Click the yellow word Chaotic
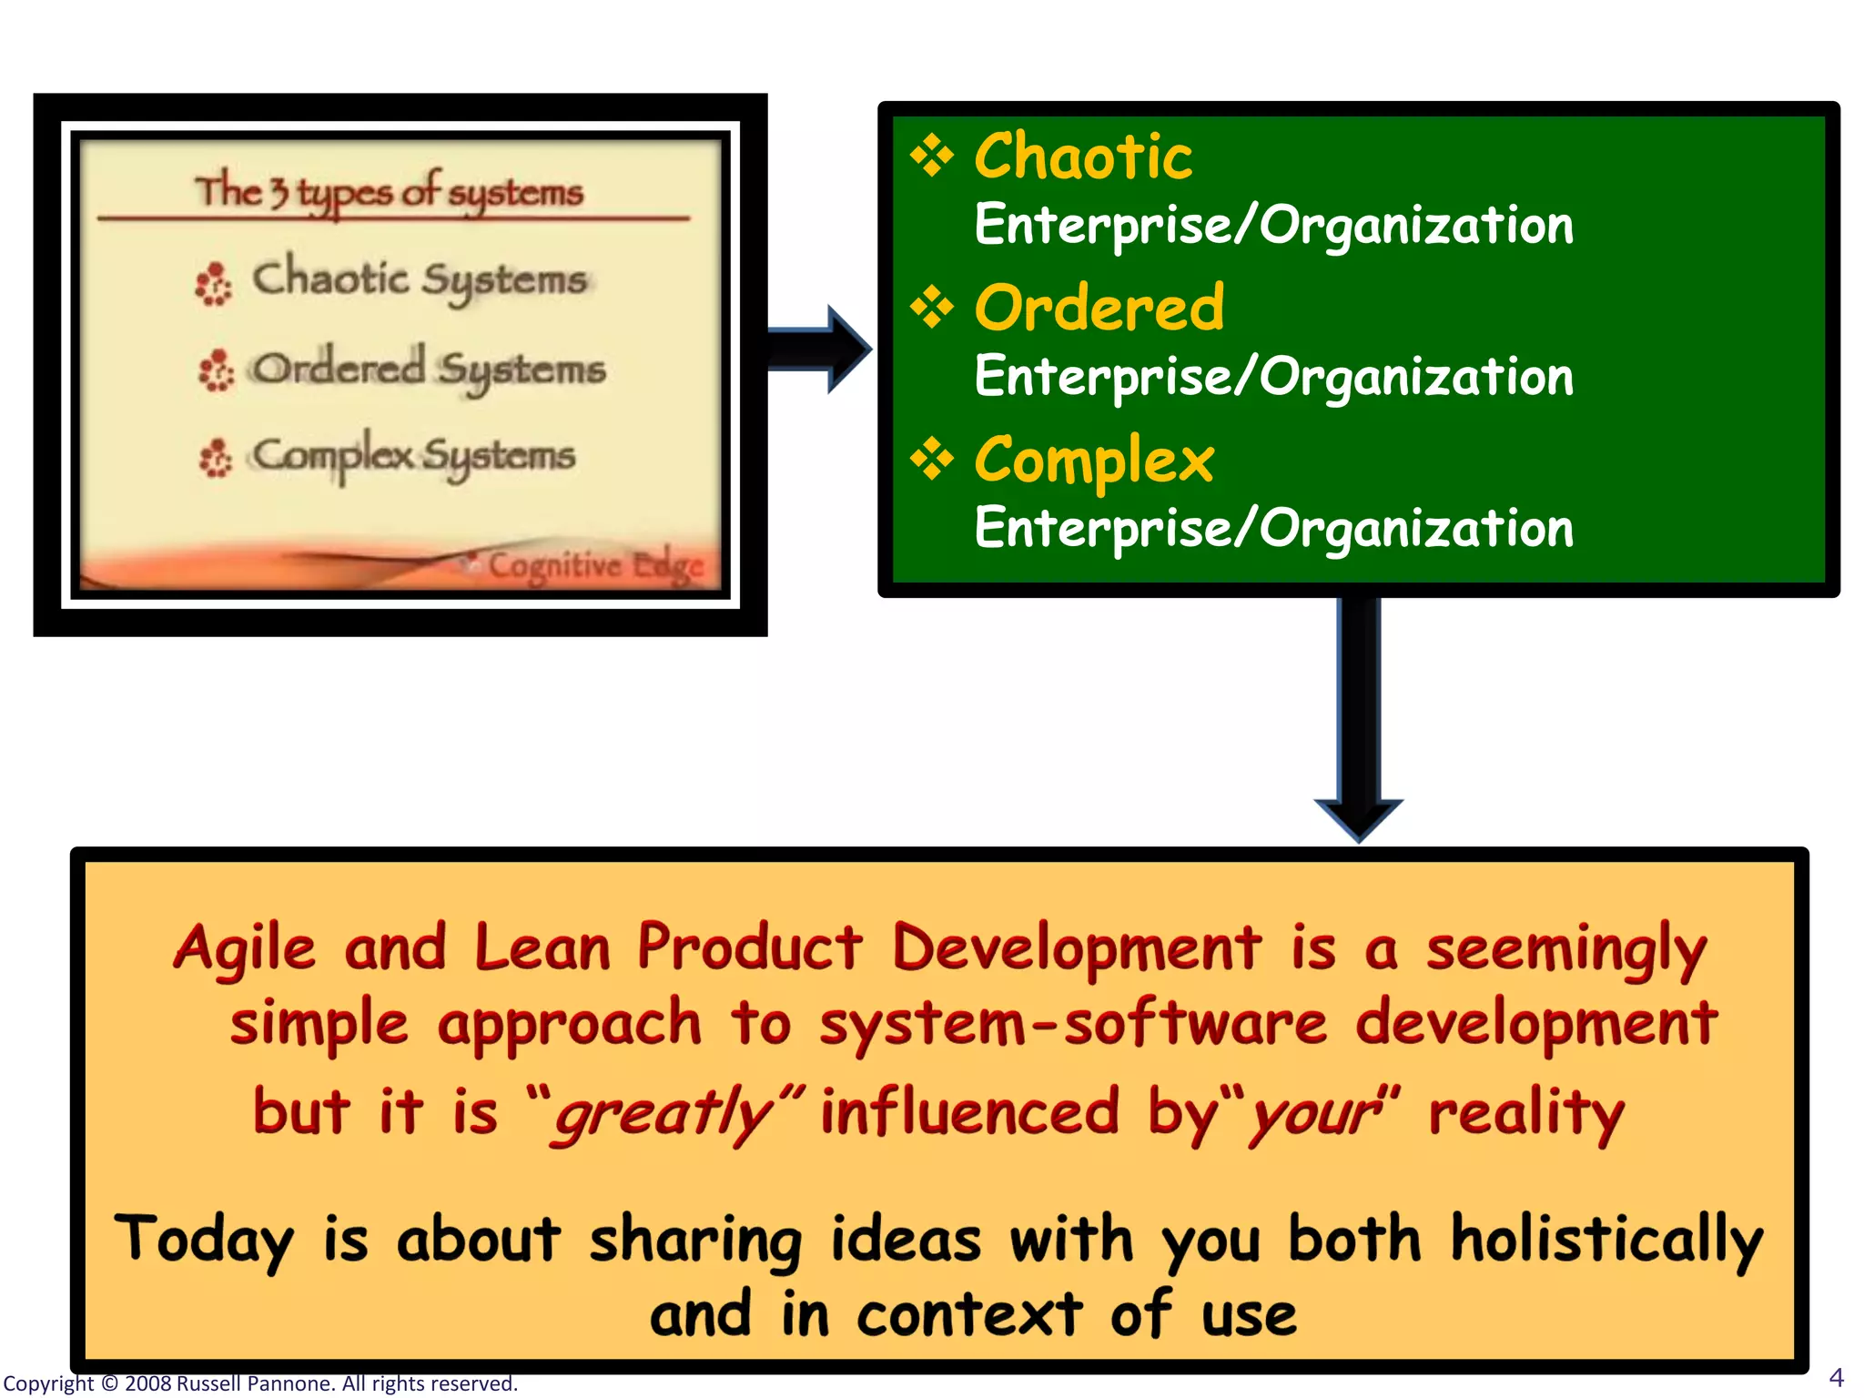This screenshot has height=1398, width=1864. click(1083, 157)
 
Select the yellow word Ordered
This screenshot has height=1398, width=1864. click(1099, 309)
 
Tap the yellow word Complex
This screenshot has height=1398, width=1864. click(1094, 461)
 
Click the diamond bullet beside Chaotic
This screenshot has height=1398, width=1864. click(932, 156)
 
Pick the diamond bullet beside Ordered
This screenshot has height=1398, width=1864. click(932, 308)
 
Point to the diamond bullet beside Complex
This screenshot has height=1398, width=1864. click(932, 460)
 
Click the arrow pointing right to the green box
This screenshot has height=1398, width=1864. click(819, 349)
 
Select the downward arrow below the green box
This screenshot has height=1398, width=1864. click(1359, 719)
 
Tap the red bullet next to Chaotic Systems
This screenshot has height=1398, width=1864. click(215, 284)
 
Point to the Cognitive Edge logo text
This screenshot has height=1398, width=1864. click(596, 565)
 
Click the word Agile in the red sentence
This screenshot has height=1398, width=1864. click(245, 948)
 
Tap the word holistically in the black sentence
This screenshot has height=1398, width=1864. click(1606, 1240)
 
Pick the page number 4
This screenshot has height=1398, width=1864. click(1836, 1377)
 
